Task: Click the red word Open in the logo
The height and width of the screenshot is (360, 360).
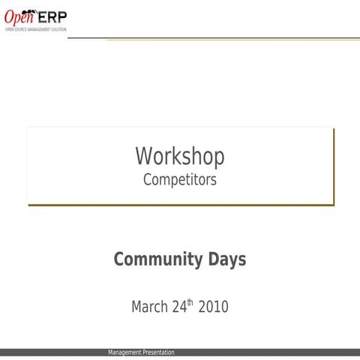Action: pos(19,16)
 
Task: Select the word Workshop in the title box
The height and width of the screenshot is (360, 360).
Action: pos(180,157)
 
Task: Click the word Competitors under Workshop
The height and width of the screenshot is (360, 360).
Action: pos(180,180)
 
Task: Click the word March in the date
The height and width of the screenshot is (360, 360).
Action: pos(148,307)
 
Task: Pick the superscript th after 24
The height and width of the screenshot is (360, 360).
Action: pos(190,303)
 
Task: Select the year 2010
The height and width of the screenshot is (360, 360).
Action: pos(213,307)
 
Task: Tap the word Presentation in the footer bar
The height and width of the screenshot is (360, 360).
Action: pos(158,352)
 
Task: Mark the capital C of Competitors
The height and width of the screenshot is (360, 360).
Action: pos(147,180)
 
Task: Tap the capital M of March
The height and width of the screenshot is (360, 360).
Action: pos(136,307)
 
